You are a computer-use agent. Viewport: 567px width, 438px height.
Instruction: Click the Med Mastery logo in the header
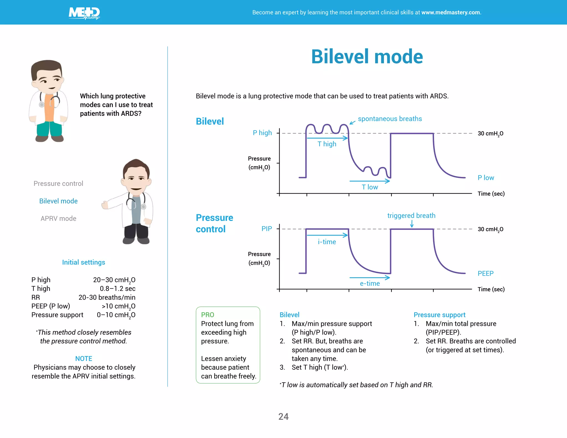pyautogui.click(x=84, y=13)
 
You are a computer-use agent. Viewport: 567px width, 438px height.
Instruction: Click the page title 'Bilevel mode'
pyautogui.click(x=367, y=57)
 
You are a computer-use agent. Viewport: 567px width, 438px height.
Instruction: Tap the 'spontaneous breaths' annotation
pyautogui.click(x=390, y=119)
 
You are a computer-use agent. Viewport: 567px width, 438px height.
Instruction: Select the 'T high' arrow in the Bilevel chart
pyautogui.click(x=327, y=138)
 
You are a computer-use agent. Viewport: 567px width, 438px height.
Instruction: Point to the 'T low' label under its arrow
pyautogui.click(x=370, y=187)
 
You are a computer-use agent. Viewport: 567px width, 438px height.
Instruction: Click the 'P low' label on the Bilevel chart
pyautogui.click(x=486, y=178)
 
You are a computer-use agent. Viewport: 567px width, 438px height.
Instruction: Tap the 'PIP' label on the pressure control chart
pyautogui.click(x=267, y=229)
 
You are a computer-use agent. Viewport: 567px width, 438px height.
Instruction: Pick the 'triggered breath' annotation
pyautogui.click(x=411, y=215)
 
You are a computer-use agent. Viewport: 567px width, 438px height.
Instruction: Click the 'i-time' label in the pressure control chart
pyautogui.click(x=327, y=242)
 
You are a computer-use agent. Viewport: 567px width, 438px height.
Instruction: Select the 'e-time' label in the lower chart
pyautogui.click(x=370, y=284)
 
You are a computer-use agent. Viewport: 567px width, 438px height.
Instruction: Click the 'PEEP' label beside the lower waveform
pyautogui.click(x=485, y=274)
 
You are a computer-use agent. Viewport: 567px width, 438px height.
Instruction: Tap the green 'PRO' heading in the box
pyautogui.click(x=208, y=315)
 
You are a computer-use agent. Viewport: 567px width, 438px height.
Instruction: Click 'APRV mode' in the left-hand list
pyautogui.click(x=58, y=218)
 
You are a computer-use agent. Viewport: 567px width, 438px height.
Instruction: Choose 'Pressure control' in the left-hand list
pyautogui.click(x=58, y=184)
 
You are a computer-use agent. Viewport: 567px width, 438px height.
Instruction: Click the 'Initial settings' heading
pyautogui.click(x=84, y=262)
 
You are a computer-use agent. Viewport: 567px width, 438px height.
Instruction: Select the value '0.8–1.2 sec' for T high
pyautogui.click(x=117, y=288)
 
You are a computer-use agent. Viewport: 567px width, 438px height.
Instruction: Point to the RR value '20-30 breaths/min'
pyautogui.click(x=107, y=297)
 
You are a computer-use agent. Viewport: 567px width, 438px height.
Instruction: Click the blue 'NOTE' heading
pyautogui.click(x=84, y=359)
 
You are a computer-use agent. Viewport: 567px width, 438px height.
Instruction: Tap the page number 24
pyautogui.click(x=283, y=416)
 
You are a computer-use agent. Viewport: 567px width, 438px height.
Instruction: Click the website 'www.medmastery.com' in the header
pyautogui.click(x=451, y=12)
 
